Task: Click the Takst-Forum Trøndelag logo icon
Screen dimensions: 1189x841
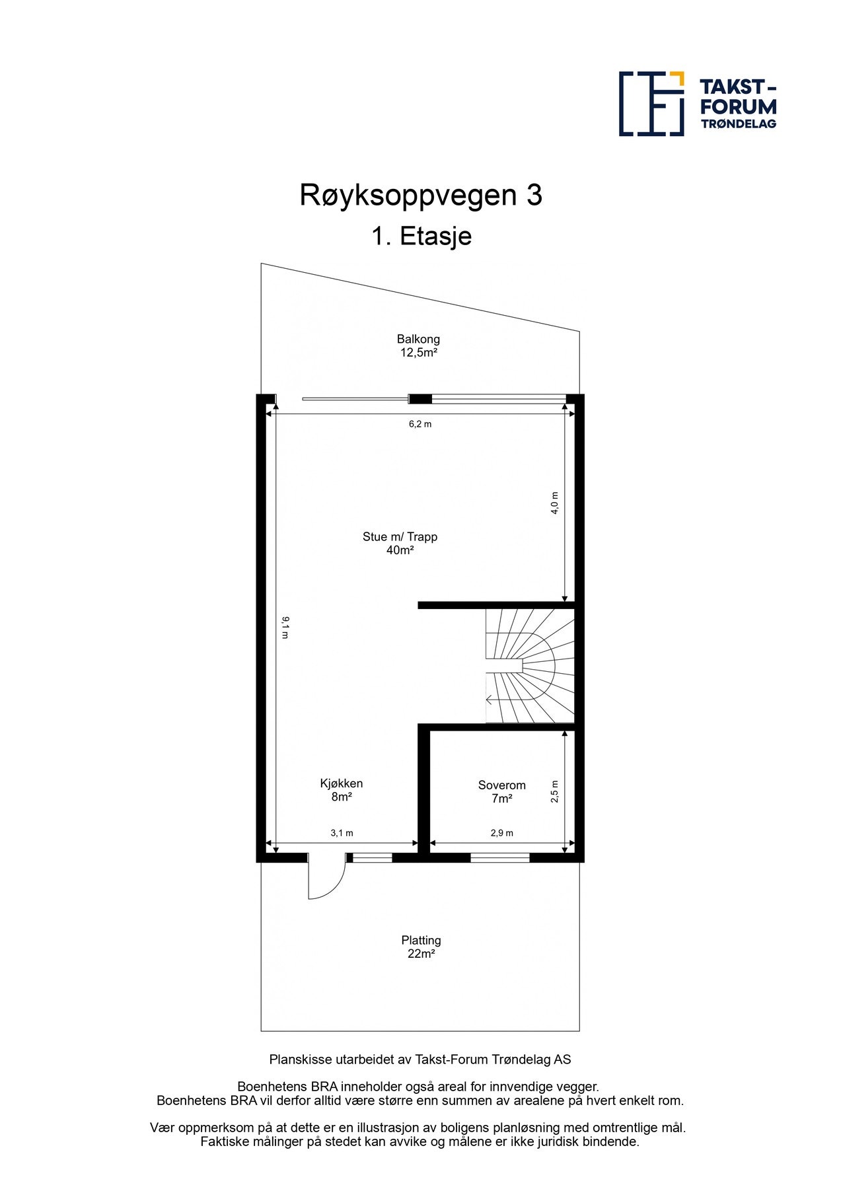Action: (651, 104)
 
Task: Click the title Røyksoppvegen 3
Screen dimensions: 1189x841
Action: (421, 196)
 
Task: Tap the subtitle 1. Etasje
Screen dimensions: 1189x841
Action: (421, 236)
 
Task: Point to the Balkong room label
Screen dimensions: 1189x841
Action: (418, 339)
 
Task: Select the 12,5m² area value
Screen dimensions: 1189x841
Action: (418, 353)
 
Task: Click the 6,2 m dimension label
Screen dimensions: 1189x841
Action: (420, 424)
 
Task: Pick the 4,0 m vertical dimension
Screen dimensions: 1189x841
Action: (555, 503)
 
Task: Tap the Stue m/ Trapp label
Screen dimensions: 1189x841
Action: (400, 536)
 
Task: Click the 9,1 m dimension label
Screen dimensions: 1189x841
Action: (285, 627)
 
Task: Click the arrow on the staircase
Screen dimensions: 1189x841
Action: (491, 700)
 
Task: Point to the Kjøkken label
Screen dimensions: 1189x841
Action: (341, 783)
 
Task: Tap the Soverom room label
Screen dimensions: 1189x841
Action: (501, 785)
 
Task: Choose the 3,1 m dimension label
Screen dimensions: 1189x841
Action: (342, 834)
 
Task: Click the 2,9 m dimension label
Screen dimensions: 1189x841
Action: (501, 834)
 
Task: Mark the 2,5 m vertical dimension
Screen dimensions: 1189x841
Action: (555, 791)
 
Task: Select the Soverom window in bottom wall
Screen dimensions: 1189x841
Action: (499, 858)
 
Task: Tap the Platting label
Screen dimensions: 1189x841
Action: (421, 940)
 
